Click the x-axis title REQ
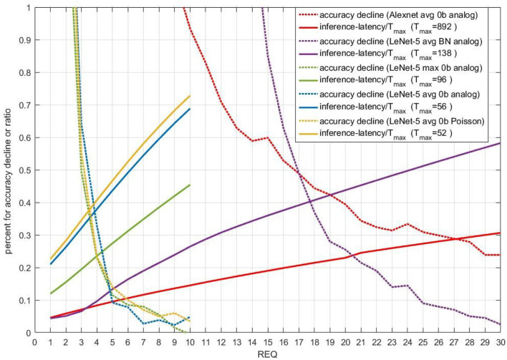(x=267, y=354)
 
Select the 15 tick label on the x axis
(x=266, y=341)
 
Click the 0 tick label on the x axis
(x=34, y=341)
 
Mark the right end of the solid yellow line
(x=190, y=96)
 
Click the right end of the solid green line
(x=190, y=185)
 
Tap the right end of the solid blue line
(x=190, y=109)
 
